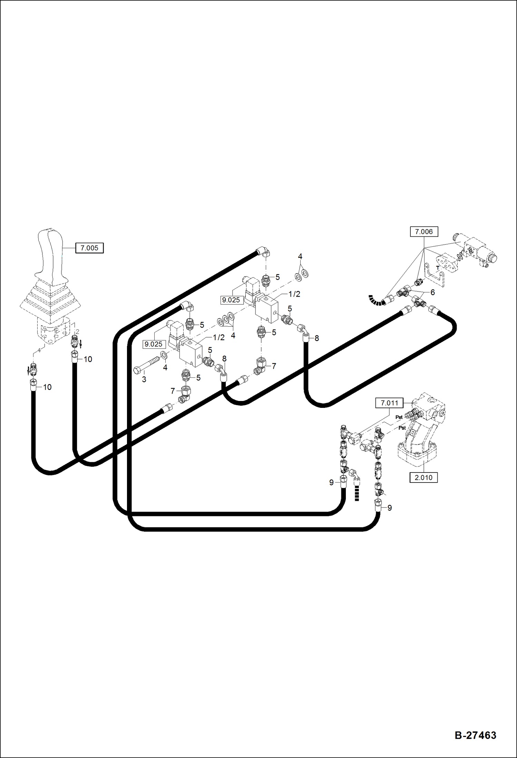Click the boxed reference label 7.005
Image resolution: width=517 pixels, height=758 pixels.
click(x=89, y=248)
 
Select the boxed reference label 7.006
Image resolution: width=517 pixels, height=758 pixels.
click(x=424, y=232)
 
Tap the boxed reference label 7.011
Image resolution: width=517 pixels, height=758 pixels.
click(x=389, y=403)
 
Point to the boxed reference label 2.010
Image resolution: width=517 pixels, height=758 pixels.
click(x=423, y=478)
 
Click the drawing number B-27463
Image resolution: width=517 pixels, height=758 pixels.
click(x=475, y=736)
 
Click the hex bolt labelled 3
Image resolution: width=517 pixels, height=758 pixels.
click(x=146, y=365)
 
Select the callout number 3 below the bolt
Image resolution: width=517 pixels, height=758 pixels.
click(x=144, y=380)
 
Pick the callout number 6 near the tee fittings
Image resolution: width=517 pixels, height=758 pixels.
click(x=432, y=292)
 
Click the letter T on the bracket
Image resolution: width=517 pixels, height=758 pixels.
click(x=437, y=268)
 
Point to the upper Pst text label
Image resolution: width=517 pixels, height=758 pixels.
click(x=399, y=417)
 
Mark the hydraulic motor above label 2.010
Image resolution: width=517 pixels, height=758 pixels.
click(x=419, y=439)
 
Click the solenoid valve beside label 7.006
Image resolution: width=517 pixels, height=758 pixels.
click(x=476, y=251)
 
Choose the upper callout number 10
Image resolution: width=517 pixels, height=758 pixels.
click(x=88, y=359)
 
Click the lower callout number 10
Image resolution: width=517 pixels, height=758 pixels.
click(x=47, y=387)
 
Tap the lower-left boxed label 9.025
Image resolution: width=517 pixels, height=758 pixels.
click(x=154, y=344)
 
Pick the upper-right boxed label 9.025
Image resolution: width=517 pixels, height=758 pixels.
click(x=231, y=300)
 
